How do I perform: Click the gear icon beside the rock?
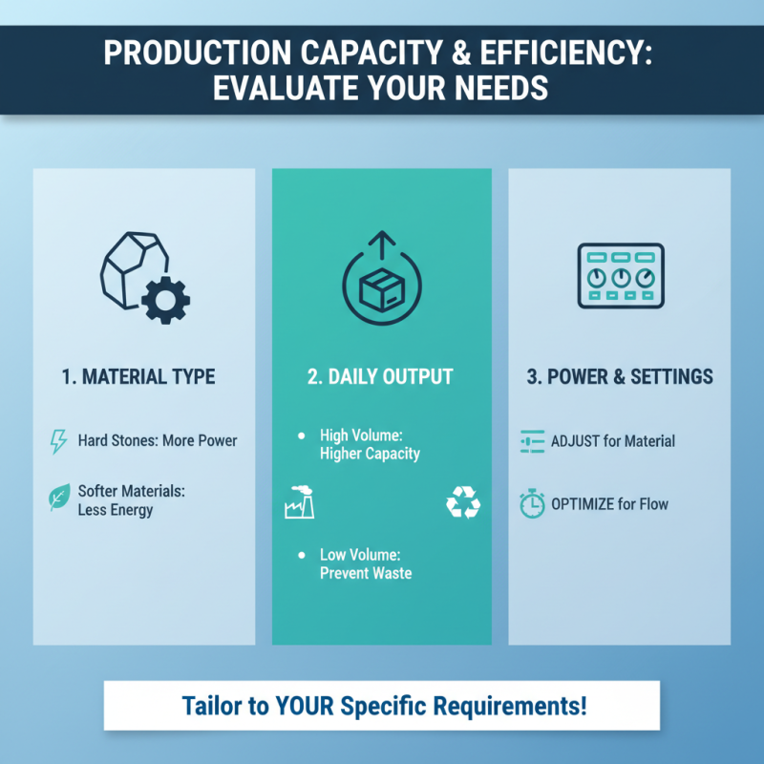click(x=164, y=299)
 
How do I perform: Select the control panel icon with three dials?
click(x=620, y=275)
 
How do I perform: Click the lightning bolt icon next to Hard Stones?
click(x=58, y=441)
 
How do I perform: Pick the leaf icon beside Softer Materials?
click(x=58, y=498)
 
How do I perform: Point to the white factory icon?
click(x=299, y=502)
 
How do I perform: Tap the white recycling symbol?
click(x=463, y=502)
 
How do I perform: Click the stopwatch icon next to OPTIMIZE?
click(x=532, y=503)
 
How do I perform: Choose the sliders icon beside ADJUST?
click(x=532, y=441)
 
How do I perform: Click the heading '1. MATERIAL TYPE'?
click(x=138, y=376)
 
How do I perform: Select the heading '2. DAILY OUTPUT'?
click(x=382, y=376)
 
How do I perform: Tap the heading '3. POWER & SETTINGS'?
click(x=620, y=376)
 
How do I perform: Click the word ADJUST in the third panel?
click(x=577, y=441)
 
